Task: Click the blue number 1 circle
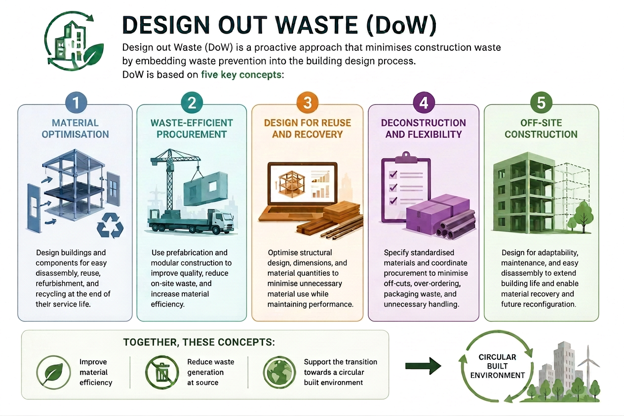[x=76, y=103]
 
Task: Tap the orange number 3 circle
[x=307, y=103]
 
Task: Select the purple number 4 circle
[x=424, y=103]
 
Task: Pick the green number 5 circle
[x=541, y=103]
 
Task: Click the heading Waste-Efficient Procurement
[x=192, y=129]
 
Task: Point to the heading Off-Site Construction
[x=541, y=129]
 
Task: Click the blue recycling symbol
[x=110, y=225]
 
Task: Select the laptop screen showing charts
[x=303, y=184]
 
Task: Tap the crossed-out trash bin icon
[x=162, y=372]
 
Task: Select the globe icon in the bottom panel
[x=279, y=372]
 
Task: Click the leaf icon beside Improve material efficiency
[x=53, y=372]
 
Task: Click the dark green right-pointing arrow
[x=423, y=366]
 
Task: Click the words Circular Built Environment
[x=498, y=366]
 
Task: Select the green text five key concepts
[x=241, y=75]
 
